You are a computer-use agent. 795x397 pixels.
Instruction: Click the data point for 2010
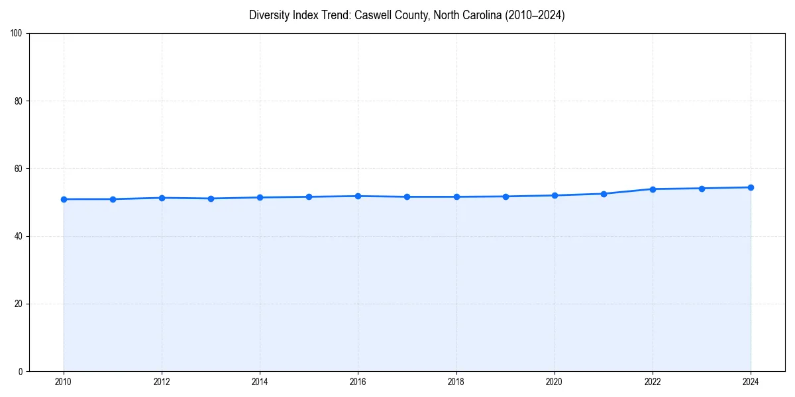64,199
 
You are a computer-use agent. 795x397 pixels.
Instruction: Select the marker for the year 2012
162,198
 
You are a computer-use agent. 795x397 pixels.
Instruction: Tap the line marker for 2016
358,196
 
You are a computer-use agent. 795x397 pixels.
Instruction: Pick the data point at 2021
604,194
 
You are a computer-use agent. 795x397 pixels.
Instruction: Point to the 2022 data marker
653,189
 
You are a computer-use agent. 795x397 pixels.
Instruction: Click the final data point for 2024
751,187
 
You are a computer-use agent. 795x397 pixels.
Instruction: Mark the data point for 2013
211,198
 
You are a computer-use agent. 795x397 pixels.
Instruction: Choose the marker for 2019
505,197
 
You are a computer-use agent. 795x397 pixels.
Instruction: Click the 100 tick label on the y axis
17,34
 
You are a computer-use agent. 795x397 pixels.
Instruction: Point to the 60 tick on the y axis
19,169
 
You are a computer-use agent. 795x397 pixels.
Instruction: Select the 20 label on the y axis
19,304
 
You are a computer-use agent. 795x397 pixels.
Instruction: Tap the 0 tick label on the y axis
21,371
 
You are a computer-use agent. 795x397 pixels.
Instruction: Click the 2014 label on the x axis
260,382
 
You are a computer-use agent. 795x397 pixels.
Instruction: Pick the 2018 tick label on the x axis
456,382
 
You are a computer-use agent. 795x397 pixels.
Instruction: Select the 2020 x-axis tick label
554,382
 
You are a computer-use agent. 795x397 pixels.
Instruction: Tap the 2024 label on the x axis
751,382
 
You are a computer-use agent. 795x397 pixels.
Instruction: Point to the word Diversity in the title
270,15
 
